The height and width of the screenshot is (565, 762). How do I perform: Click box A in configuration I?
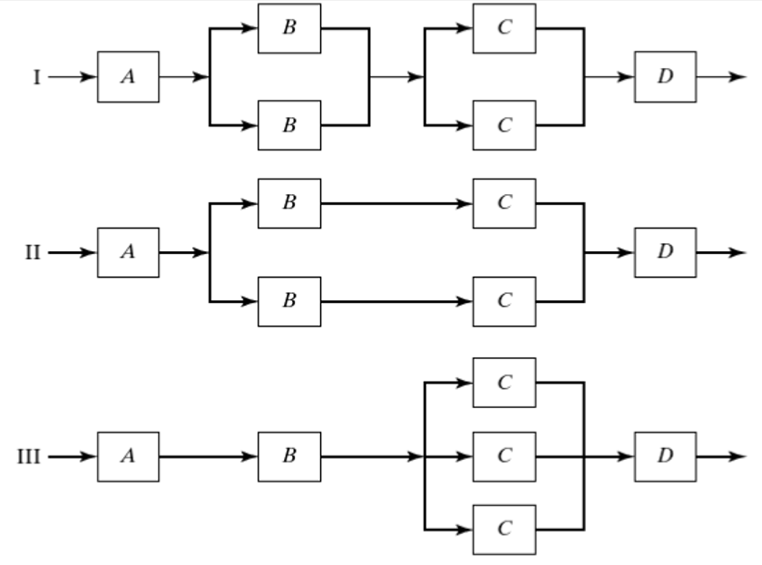pyautogui.click(x=128, y=77)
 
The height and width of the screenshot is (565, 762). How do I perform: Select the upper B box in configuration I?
pyautogui.click(x=288, y=28)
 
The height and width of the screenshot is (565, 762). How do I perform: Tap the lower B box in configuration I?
pyautogui.click(x=288, y=125)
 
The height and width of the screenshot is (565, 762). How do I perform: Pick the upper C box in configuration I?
pyautogui.click(x=503, y=28)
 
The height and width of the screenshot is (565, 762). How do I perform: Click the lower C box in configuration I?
pyautogui.click(x=503, y=125)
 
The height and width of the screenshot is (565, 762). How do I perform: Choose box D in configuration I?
pyautogui.click(x=665, y=77)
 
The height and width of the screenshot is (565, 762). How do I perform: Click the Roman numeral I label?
pyautogui.click(x=37, y=77)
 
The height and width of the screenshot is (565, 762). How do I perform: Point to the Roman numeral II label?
pyautogui.click(x=33, y=252)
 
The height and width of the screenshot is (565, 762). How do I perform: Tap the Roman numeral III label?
pyautogui.click(x=29, y=456)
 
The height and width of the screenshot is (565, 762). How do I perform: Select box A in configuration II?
pyautogui.click(x=128, y=252)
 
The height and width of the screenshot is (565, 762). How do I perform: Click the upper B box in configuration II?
pyautogui.click(x=288, y=203)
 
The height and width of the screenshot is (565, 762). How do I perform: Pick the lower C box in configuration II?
pyautogui.click(x=503, y=301)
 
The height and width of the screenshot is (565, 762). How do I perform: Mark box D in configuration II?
pyautogui.click(x=665, y=252)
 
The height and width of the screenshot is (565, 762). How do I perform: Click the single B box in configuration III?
pyautogui.click(x=288, y=456)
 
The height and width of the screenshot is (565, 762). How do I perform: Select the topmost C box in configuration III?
pyautogui.click(x=503, y=383)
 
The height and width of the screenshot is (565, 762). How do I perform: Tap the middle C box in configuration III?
pyautogui.click(x=503, y=456)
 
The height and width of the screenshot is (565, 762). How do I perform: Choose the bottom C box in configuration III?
pyautogui.click(x=503, y=529)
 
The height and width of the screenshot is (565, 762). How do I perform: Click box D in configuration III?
pyautogui.click(x=665, y=456)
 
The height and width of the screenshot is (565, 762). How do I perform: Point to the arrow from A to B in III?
pyautogui.click(x=209, y=456)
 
